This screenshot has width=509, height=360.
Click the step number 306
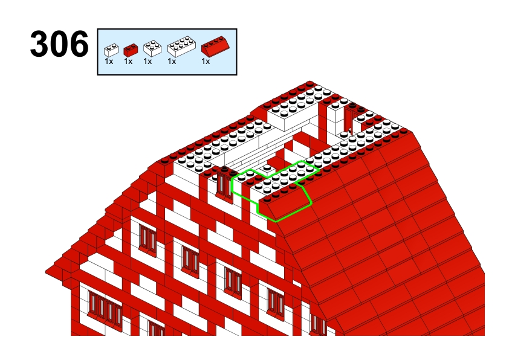(59, 43)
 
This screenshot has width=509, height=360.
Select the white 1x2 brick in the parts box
(111, 50)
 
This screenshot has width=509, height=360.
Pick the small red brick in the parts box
(131, 50)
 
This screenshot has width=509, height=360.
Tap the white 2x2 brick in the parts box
(152, 48)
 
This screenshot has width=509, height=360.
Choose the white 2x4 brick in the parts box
(181, 47)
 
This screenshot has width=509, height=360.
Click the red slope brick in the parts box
(215, 46)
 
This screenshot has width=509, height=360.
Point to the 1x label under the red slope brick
(206, 61)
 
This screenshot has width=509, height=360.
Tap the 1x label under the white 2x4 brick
(172, 61)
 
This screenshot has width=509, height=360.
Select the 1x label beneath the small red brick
(128, 61)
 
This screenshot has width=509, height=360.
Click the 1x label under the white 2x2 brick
(148, 61)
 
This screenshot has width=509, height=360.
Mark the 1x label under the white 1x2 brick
(109, 61)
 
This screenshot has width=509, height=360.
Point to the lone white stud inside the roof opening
(267, 169)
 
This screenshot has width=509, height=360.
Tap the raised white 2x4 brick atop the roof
(293, 112)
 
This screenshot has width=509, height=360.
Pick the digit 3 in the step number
(40, 43)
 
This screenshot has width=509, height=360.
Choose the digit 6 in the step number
(79, 43)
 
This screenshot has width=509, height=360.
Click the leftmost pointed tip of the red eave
(46, 271)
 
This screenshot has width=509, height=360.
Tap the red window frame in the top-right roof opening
(350, 118)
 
